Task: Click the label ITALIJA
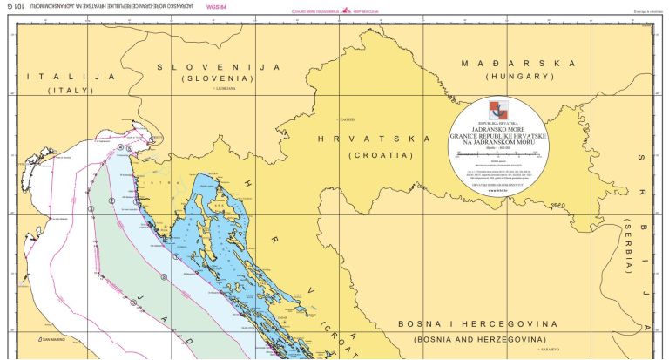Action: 71,77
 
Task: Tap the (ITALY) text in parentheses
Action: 71,91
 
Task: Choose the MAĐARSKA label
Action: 520,64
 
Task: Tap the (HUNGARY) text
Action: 520,77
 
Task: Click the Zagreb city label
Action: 347,119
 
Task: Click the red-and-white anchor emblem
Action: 501,109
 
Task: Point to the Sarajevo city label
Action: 549,350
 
